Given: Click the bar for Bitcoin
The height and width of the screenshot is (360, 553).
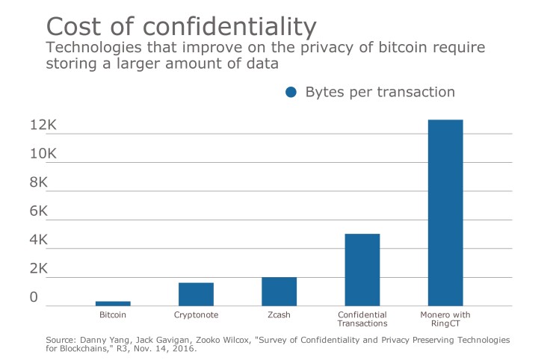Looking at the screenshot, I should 113,303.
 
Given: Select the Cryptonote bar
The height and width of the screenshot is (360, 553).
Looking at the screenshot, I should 196,294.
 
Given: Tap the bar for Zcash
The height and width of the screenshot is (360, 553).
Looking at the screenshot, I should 279,291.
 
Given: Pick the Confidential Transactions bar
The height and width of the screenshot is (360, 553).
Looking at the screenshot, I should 362,270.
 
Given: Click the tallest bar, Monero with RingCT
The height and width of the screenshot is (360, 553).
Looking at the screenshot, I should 445,213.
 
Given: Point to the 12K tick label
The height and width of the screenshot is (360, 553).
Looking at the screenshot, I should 43,125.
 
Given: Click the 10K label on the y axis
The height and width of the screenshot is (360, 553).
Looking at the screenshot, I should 43,154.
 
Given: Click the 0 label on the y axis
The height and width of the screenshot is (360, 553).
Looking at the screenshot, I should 34,297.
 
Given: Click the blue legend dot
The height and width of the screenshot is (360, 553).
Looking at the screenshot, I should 291,93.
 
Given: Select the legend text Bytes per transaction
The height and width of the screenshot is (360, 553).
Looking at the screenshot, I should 380,93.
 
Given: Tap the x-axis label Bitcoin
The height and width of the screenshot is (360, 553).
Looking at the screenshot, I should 113,315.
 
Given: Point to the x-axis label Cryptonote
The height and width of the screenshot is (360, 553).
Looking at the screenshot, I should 196,315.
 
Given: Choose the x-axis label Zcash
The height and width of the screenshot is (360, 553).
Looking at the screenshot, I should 279,315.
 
